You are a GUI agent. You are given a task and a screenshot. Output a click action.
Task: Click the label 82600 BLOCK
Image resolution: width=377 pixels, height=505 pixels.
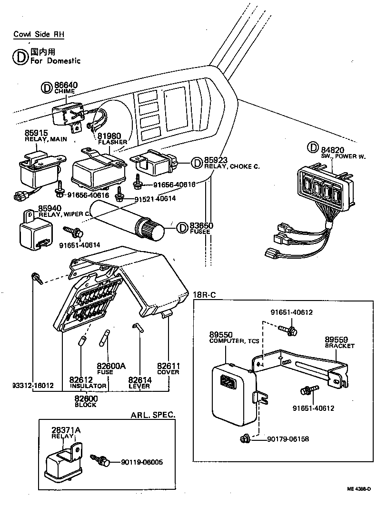point(86,398)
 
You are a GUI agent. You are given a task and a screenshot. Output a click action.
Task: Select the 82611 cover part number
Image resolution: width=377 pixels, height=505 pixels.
point(168,365)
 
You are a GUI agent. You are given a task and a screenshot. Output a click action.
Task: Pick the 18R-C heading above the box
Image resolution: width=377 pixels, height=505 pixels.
point(204,294)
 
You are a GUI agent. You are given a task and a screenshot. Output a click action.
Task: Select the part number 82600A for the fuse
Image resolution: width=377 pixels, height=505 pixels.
point(111,366)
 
